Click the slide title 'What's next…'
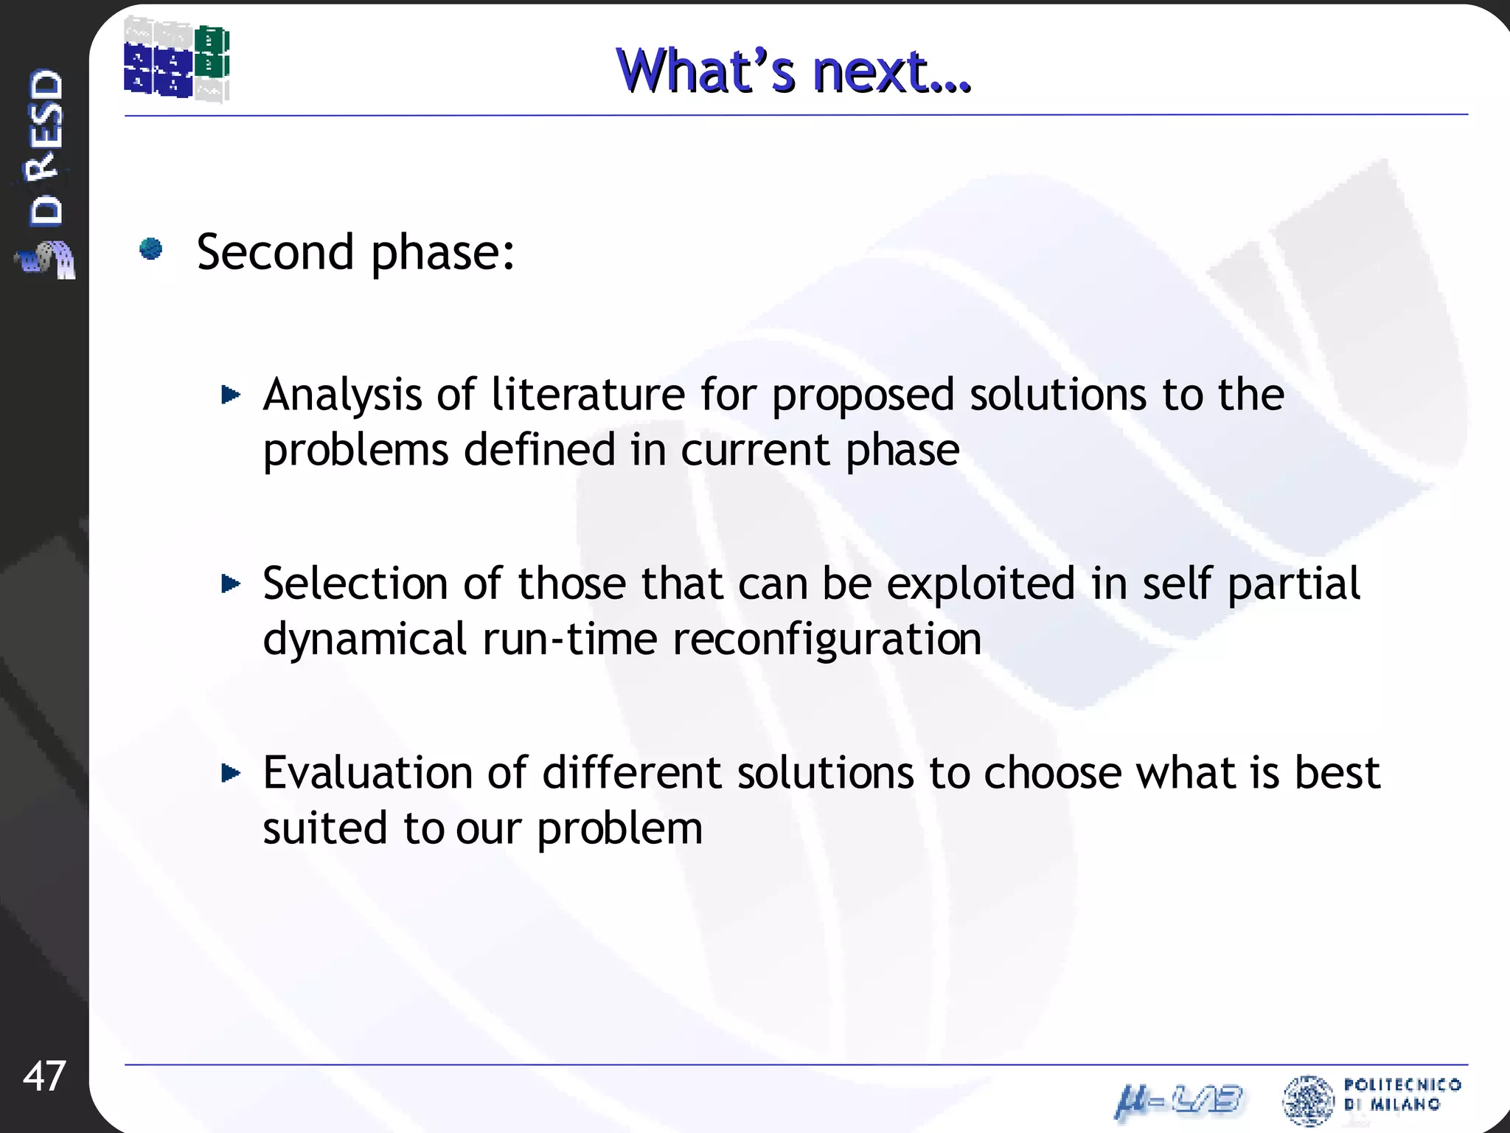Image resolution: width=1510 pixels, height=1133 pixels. [793, 71]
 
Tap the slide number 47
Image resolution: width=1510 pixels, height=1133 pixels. [44, 1075]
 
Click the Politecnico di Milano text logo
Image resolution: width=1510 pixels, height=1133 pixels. [1402, 1094]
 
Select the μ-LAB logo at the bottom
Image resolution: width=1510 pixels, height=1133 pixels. [1178, 1101]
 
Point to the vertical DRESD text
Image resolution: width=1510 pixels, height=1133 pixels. [46, 148]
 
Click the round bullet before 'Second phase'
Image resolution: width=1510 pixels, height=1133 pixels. [151, 249]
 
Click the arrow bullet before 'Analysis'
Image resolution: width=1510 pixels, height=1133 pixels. [231, 395]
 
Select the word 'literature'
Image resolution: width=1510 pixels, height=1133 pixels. [588, 394]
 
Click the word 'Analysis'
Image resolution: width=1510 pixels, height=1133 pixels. [342, 395]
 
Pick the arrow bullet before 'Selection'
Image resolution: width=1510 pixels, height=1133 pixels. [231, 584]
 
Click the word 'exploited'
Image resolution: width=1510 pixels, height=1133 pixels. [980, 584]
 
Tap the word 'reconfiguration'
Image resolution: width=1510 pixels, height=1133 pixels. [827, 640]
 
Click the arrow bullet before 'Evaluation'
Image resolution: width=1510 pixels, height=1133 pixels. [231, 773]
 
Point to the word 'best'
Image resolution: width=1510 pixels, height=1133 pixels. [1337, 773]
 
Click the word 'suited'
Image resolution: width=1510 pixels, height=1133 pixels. [324, 828]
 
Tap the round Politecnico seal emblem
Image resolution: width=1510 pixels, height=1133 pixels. [1308, 1100]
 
